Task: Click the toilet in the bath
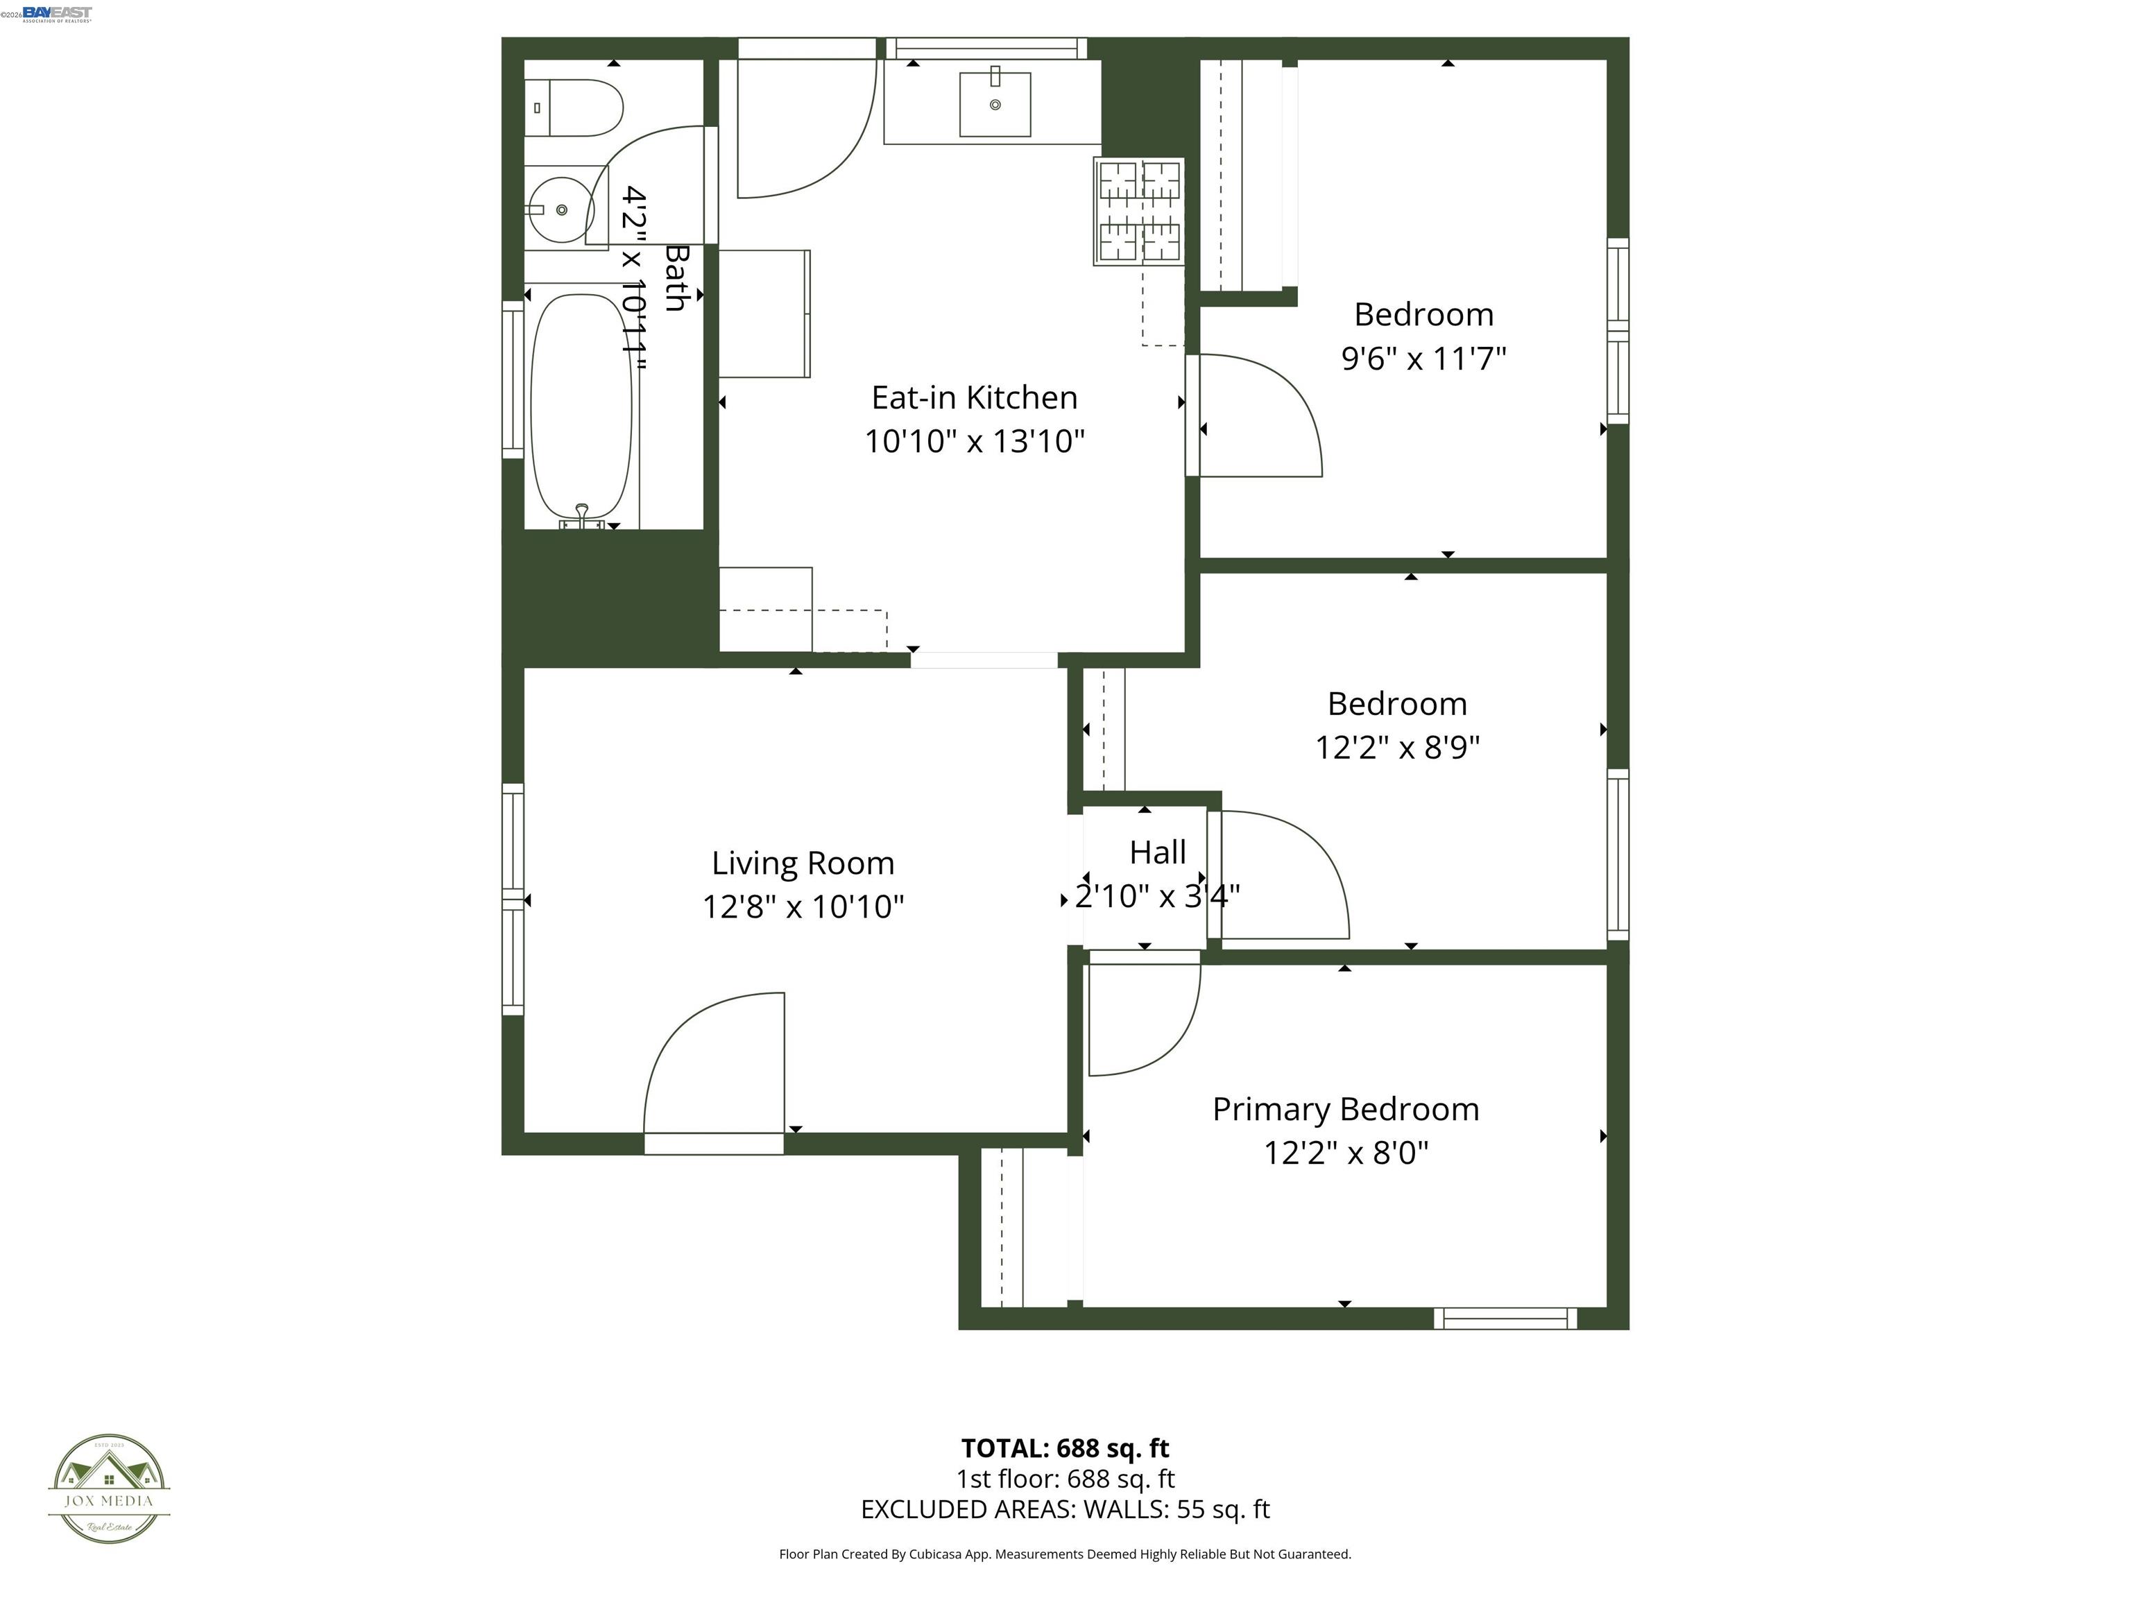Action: pos(574,108)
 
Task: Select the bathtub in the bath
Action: pos(582,406)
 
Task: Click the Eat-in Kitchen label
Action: pos(974,397)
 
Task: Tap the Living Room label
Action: pos(803,862)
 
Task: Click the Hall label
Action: pos(1157,852)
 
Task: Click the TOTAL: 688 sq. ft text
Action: pos(1065,1447)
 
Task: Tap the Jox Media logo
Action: pos(109,1488)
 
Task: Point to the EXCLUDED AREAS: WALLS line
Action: pos(1065,1509)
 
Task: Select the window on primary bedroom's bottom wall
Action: pos(1505,1318)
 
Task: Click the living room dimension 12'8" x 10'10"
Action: pos(803,907)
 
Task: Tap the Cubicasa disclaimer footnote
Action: pos(1065,1554)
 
